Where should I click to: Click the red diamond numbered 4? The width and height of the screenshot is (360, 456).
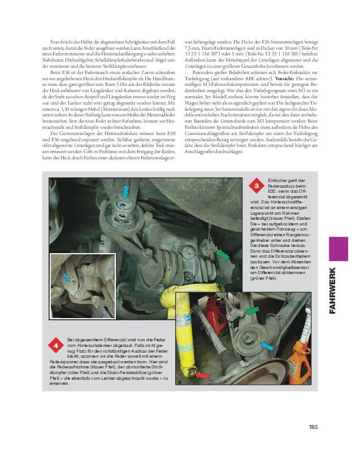[57, 344]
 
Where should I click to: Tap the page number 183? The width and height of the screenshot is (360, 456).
[315, 427]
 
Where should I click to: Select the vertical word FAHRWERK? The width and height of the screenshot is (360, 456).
[333, 290]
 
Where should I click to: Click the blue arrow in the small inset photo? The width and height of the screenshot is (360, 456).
[68, 277]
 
